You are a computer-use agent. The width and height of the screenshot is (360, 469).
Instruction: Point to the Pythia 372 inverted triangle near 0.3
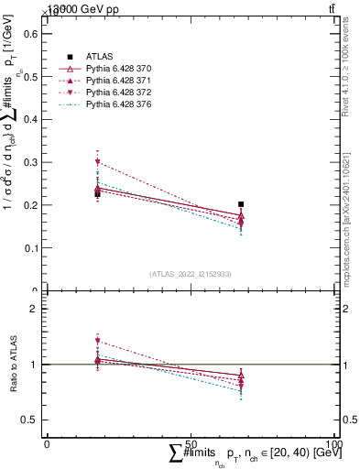click(x=97, y=162)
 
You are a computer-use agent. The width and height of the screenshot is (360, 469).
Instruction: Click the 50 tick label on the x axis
click(x=191, y=443)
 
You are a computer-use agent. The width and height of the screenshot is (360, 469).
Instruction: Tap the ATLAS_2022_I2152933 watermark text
click(x=191, y=274)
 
